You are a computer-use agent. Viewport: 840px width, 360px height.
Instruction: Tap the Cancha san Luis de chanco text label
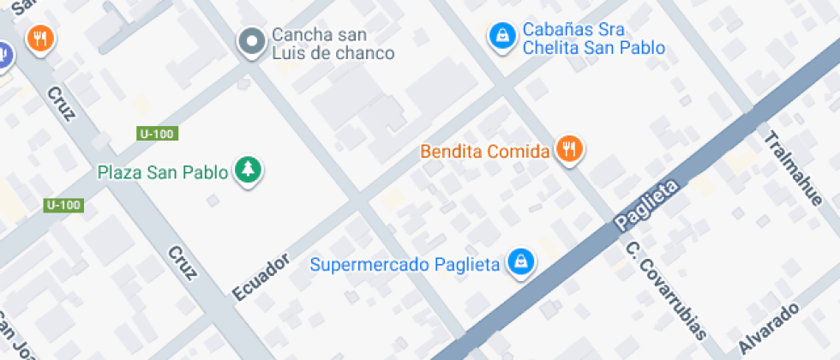tap(333, 45)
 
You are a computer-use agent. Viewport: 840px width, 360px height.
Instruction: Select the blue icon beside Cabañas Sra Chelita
tap(501, 36)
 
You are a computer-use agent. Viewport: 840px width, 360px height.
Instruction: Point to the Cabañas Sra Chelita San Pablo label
tap(593, 39)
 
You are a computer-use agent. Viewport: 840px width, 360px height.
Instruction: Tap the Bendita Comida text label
tap(483, 152)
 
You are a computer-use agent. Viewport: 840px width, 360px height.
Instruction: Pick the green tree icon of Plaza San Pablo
tap(248, 169)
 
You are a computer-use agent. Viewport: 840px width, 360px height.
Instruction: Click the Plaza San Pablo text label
tap(163, 172)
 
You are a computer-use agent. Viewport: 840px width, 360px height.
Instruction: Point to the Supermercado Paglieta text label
tap(405, 264)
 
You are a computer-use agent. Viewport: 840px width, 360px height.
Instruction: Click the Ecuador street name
tap(261, 277)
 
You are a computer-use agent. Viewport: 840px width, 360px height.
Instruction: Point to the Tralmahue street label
tap(793, 168)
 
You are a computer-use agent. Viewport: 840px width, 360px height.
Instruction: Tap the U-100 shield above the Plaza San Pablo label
tap(156, 134)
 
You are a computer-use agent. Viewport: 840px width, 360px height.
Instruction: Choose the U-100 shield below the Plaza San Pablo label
tap(63, 205)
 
